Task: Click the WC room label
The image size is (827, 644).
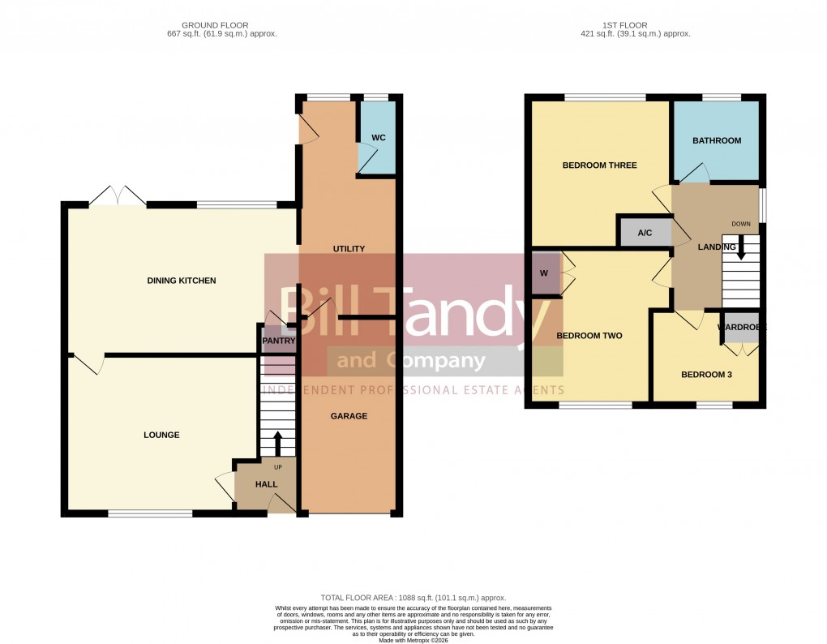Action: tap(378, 138)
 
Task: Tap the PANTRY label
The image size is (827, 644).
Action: tap(278, 341)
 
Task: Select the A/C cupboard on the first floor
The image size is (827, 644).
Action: tap(645, 233)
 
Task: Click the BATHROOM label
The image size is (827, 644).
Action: tap(717, 140)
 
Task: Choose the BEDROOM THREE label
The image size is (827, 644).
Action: tap(600, 165)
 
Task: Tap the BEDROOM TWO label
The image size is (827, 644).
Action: tap(589, 335)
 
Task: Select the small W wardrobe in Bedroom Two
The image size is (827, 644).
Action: tap(544, 273)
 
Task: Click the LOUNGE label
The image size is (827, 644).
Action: tap(162, 436)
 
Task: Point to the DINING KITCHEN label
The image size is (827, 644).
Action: tap(182, 281)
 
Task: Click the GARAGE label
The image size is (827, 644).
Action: tap(349, 416)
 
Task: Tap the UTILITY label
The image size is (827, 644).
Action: tap(349, 249)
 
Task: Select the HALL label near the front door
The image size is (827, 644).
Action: tap(266, 484)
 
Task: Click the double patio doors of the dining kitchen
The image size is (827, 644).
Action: tap(118, 196)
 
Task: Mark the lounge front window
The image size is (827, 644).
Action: tap(150, 513)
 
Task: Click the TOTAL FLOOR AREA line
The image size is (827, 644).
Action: tap(413, 597)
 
